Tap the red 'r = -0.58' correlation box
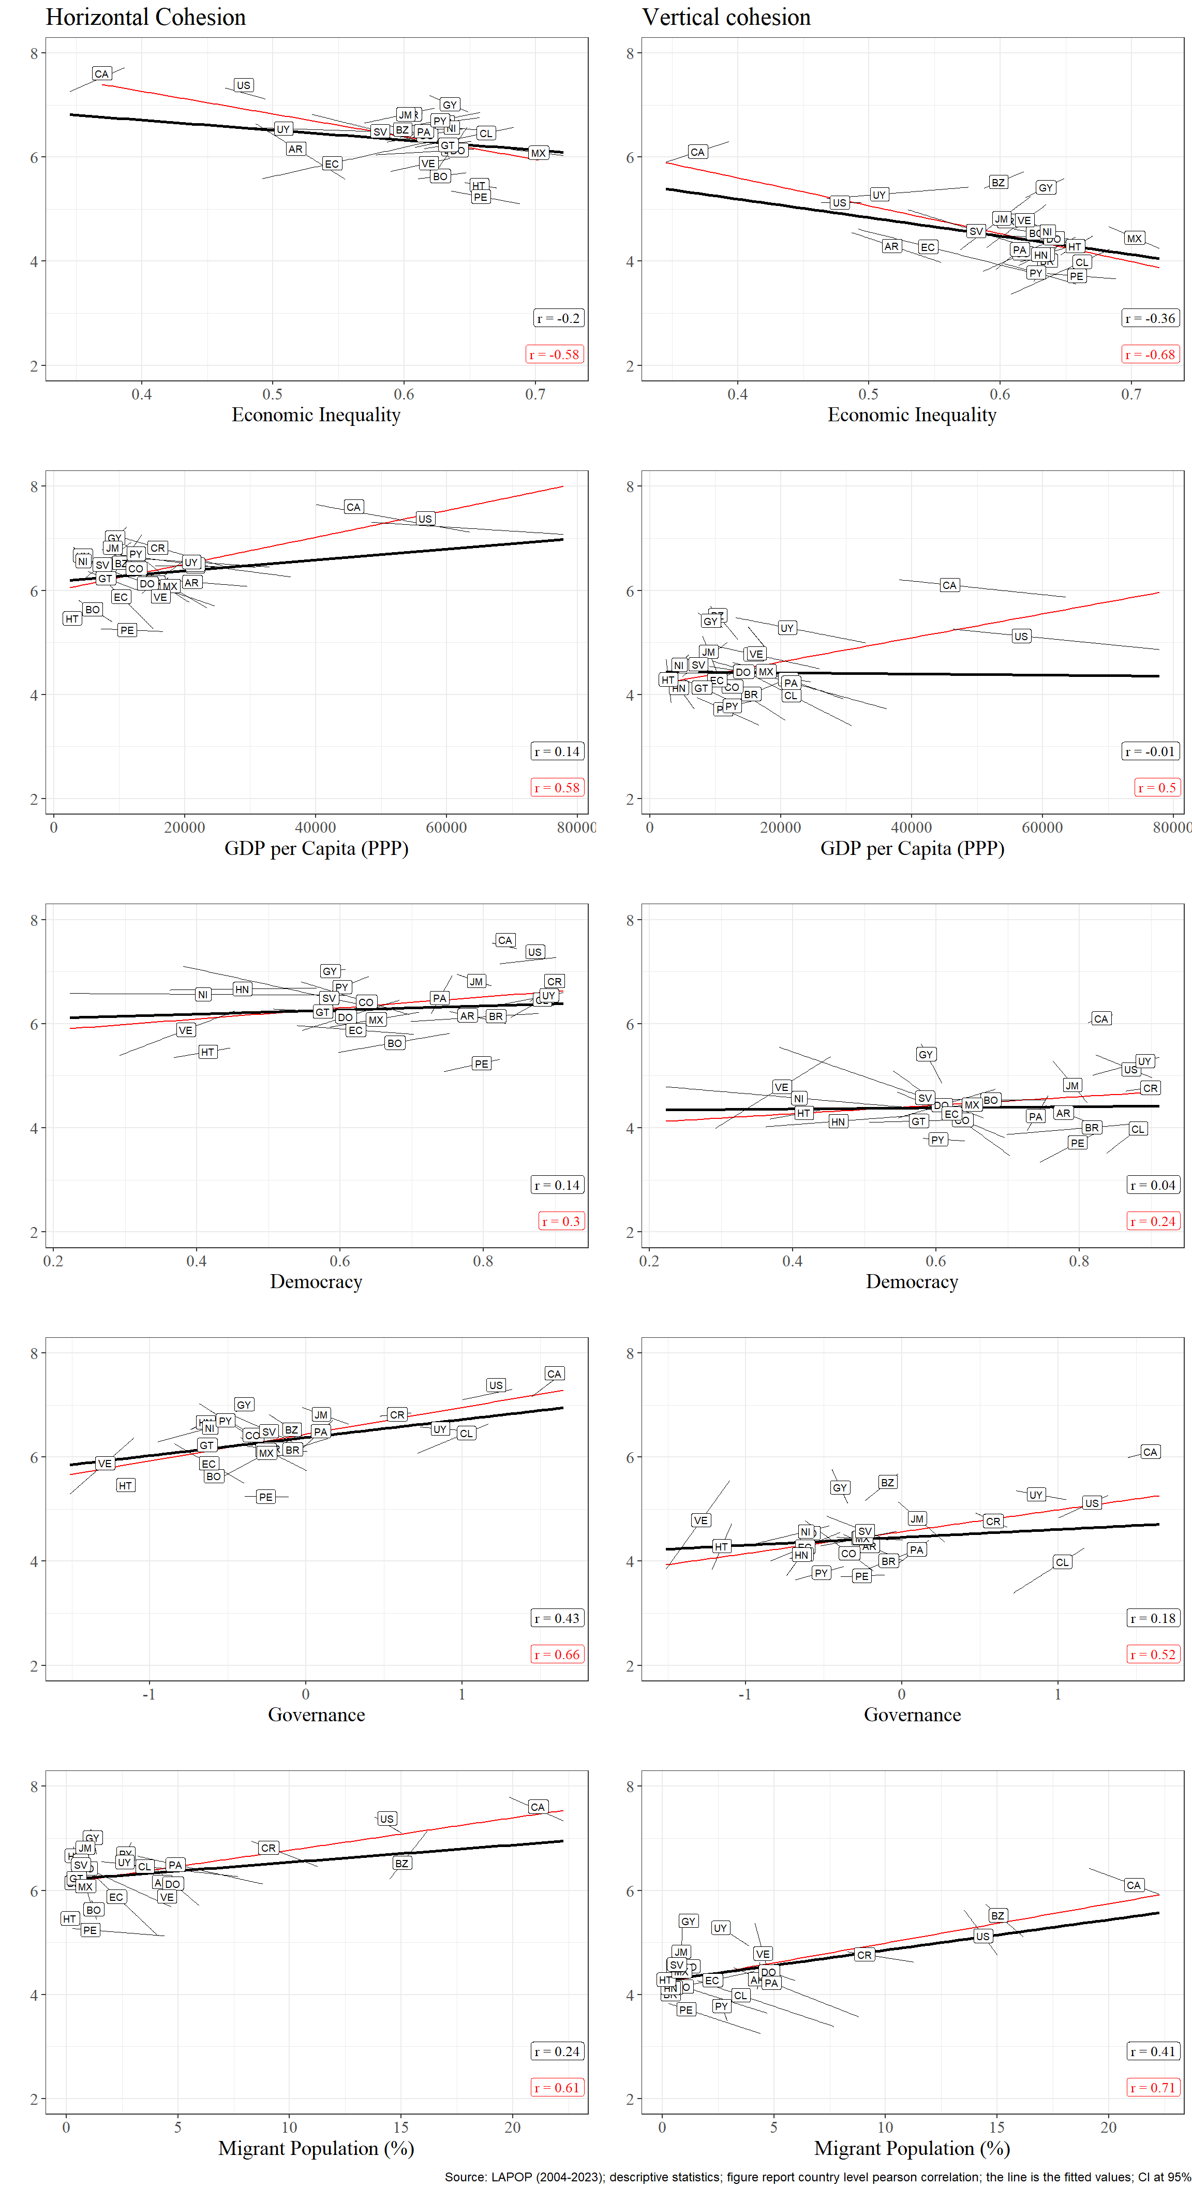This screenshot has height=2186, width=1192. [x=554, y=355]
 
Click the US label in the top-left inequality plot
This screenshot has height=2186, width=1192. [x=244, y=86]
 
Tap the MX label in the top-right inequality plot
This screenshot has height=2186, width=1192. [x=1134, y=239]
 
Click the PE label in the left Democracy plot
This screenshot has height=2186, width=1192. [x=481, y=1064]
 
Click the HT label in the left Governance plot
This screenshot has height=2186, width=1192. [x=126, y=1485]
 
